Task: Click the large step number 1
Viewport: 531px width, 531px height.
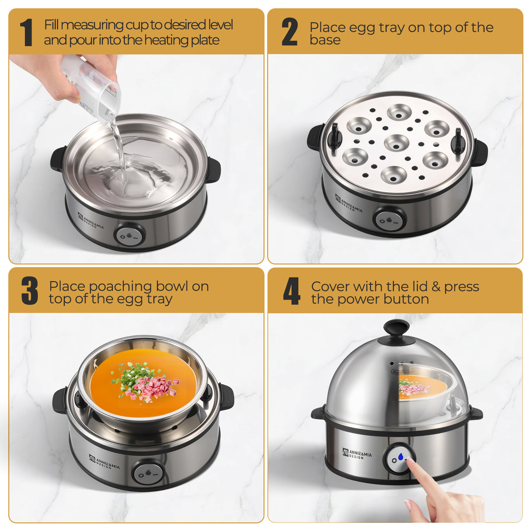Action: click(x=27, y=32)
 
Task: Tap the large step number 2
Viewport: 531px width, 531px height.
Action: click(x=289, y=32)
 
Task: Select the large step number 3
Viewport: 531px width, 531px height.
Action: click(x=30, y=291)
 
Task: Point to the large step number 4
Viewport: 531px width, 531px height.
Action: click(x=292, y=291)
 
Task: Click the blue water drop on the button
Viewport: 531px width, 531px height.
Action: click(x=400, y=457)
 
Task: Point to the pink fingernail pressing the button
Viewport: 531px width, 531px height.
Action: click(x=411, y=460)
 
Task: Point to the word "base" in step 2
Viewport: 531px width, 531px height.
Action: click(x=325, y=40)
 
